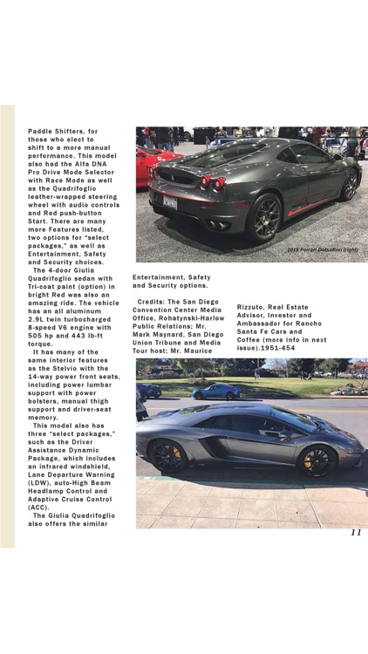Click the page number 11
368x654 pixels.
point(356,533)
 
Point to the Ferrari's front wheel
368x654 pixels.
point(351,186)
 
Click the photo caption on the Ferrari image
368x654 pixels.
point(322,249)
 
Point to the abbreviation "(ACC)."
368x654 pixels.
point(38,507)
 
